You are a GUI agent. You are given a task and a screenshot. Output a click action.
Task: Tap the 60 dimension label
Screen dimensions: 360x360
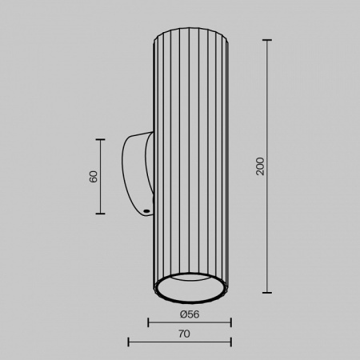[94, 176]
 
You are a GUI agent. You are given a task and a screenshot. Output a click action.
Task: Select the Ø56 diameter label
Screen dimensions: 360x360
[190, 314]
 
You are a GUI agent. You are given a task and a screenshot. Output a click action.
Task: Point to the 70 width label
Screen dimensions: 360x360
[185, 333]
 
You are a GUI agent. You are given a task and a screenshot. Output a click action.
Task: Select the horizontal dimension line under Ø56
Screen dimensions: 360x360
[190, 322]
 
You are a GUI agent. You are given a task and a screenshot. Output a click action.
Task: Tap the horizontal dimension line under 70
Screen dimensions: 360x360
[179, 342]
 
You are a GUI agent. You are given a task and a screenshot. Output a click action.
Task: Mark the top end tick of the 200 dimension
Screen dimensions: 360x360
[267, 40]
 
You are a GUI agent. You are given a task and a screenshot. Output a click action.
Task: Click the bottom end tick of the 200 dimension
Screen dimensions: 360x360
[267, 292]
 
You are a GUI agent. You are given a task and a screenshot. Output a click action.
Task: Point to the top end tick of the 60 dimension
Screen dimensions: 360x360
[101, 139]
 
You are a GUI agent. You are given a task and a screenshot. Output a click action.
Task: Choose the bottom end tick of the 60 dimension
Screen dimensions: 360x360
[101, 214]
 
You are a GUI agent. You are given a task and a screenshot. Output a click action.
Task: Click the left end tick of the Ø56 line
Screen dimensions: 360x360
[150, 322]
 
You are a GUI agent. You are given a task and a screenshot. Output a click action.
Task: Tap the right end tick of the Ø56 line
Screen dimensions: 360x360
[230, 322]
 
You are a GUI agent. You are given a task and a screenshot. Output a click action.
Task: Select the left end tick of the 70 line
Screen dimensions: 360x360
[129, 342]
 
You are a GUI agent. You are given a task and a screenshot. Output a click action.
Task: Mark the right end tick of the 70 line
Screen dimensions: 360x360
[230, 342]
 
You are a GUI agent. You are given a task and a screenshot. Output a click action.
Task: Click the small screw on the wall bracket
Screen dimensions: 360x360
[146, 211]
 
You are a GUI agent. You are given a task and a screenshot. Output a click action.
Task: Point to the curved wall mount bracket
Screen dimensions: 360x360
[135, 172]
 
